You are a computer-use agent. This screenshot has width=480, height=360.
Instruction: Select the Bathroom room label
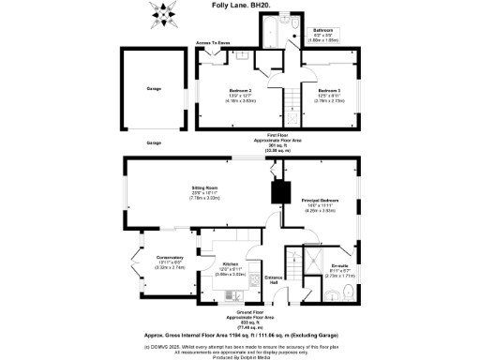[x=322, y=32]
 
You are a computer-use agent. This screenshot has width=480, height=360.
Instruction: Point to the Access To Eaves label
[x=214, y=43]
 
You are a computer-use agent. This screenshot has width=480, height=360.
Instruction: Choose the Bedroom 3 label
[x=328, y=91]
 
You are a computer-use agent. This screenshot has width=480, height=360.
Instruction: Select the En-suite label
[x=340, y=266]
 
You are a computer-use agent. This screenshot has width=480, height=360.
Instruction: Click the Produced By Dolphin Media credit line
[x=240, y=356]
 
